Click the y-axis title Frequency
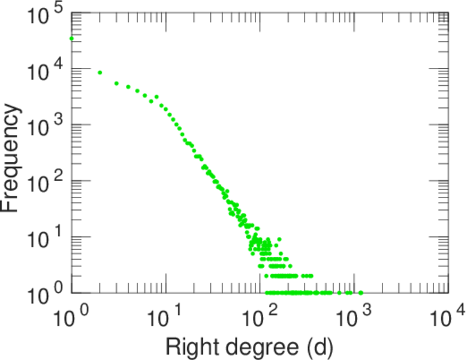point(12,158)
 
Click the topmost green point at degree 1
point(71,38)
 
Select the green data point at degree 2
point(100,73)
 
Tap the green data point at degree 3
point(116,83)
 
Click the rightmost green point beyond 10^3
point(360,293)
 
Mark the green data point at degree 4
point(128,87)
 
